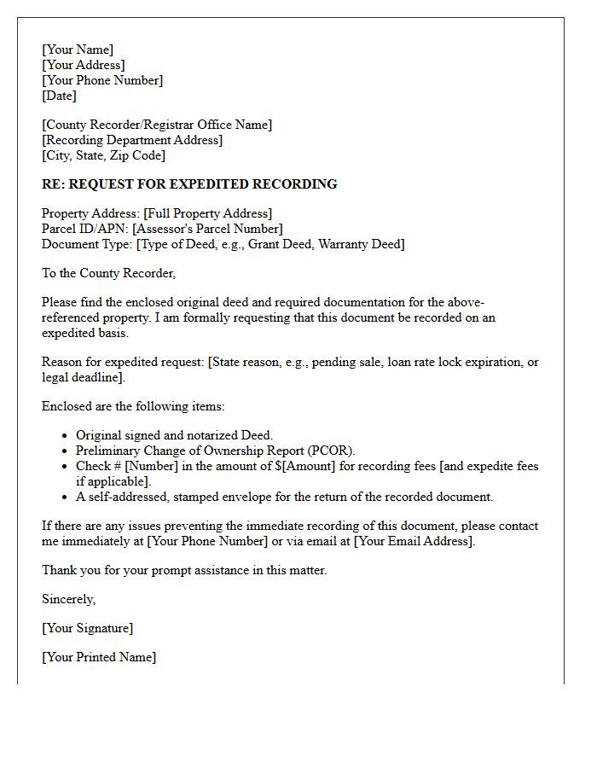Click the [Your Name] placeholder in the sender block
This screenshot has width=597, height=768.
78,49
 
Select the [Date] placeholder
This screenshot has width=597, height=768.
59,96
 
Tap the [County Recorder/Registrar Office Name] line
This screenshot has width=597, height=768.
158,125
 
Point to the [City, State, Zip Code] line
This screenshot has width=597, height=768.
104,155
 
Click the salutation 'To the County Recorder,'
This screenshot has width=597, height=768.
108,273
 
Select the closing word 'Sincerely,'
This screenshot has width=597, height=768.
68,599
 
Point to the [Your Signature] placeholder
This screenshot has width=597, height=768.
87,628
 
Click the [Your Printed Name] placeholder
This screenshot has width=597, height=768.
99,657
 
